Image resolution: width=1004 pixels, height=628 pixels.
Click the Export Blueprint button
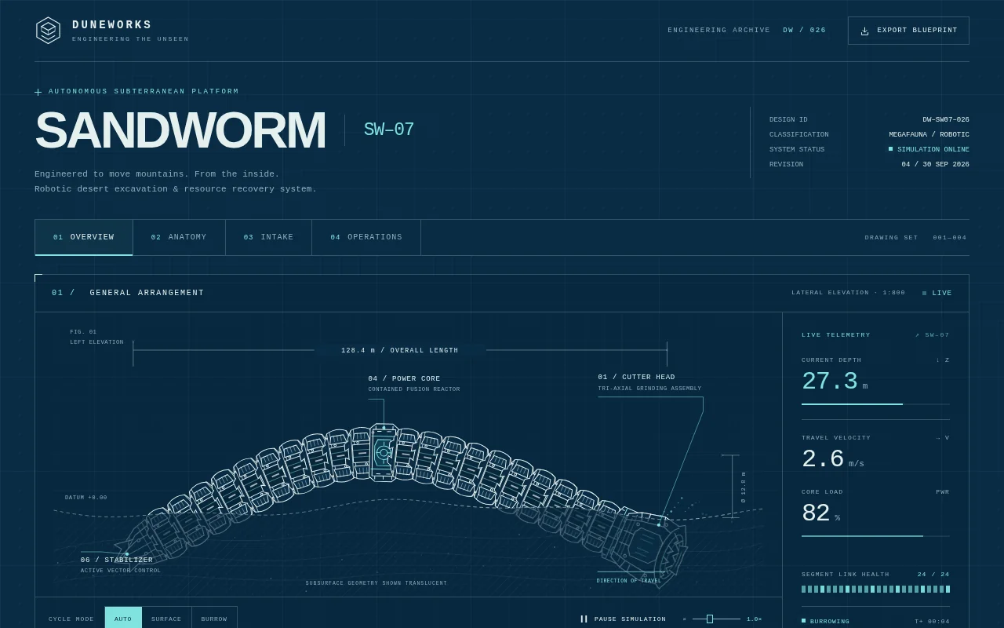coord(908,31)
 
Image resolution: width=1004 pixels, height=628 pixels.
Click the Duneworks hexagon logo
coord(48,31)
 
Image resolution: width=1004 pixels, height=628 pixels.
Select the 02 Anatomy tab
coord(179,237)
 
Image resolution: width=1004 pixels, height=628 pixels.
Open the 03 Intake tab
coord(268,237)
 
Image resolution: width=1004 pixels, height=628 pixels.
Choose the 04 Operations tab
coord(366,237)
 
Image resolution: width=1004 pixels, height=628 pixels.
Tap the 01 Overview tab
coord(84,237)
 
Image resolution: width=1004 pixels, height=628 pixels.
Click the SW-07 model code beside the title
coord(388,130)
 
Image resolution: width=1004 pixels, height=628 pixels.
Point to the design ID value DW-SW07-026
coord(946,120)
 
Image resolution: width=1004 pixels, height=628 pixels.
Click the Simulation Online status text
coord(933,149)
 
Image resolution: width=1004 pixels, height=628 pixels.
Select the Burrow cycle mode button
coord(214,618)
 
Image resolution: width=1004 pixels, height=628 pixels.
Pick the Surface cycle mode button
coord(166,618)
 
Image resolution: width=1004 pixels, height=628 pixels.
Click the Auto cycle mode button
coord(123,618)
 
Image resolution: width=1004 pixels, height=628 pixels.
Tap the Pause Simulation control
coord(624,619)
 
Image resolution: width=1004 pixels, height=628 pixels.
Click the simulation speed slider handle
coord(710,619)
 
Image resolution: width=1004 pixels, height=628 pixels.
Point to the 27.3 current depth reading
coord(830,382)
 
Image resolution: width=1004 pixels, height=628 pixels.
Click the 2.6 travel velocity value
coord(823,459)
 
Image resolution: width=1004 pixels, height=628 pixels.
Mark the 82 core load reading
coord(816,513)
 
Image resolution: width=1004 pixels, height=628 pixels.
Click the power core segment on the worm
coord(384,453)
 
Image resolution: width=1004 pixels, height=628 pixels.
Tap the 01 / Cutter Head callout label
coord(636,378)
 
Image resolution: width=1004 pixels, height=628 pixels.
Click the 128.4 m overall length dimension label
coord(400,350)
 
